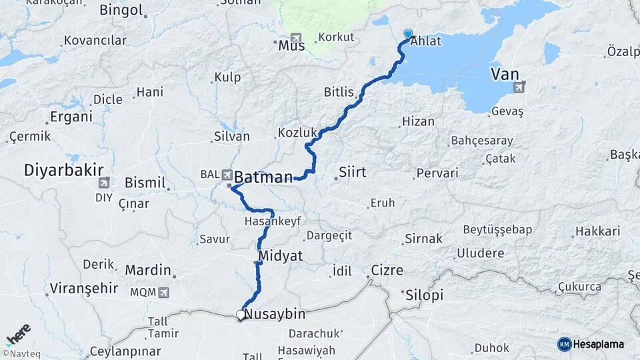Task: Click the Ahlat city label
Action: click(x=426, y=41)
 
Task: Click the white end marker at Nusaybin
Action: click(x=240, y=314)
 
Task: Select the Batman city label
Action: click(x=263, y=177)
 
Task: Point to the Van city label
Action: click(x=505, y=73)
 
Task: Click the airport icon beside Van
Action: click(x=519, y=87)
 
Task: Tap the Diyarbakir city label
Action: click(x=57, y=169)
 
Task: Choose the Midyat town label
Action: click(x=280, y=255)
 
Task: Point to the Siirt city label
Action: click(x=352, y=173)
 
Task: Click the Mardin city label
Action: click(x=148, y=271)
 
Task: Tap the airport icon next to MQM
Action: click(x=163, y=292)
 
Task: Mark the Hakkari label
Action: click(x=596, y=231)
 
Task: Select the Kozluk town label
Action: click(x=295, y=133)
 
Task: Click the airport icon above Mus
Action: click(x=295, y=38)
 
